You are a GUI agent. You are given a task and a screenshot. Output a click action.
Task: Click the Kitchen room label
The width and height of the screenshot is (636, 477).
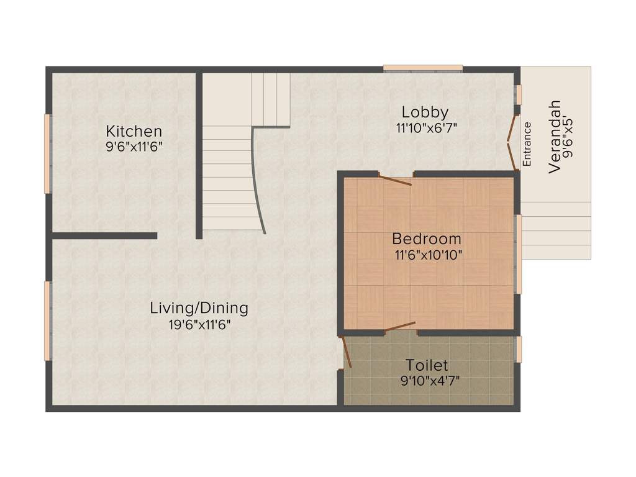click(134, 131)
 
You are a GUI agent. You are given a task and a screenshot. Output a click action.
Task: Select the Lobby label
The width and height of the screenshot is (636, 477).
click(425, 112)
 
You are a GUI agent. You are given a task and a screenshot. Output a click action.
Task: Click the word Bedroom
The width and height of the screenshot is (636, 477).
click(427, 238)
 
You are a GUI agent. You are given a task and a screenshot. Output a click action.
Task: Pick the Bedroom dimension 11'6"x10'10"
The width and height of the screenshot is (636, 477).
click(428, 254)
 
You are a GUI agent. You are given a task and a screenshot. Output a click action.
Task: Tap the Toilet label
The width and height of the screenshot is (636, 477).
click(427, 365)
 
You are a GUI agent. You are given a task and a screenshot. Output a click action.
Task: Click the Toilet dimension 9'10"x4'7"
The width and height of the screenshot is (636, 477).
click(430, 381)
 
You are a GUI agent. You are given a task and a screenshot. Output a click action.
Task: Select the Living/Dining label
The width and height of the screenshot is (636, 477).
click(199, 307)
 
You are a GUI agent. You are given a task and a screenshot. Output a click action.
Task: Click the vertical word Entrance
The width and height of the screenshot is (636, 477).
click(527, 143)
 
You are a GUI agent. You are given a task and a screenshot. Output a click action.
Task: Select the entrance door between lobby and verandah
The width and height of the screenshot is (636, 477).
click(511, 142)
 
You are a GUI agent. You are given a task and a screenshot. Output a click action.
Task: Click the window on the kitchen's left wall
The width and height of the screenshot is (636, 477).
click(47, 153)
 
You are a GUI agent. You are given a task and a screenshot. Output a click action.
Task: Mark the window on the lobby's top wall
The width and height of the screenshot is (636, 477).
click(423, 68)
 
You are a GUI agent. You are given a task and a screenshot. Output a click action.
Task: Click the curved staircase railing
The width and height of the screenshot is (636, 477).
click(259, 180)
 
